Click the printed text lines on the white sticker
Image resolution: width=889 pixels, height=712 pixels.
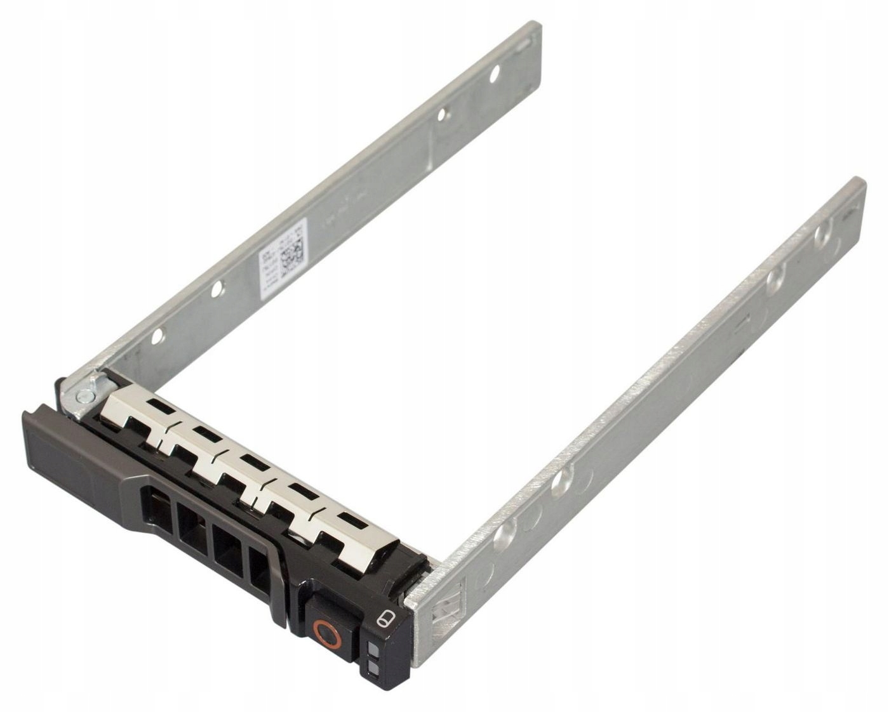[x=269, y=264]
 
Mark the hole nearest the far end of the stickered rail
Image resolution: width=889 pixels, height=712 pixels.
[x=494, y=74]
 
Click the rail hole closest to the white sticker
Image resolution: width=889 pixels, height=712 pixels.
[x=217, y=289]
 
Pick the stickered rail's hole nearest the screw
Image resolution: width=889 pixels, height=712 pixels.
[x=157, y=336]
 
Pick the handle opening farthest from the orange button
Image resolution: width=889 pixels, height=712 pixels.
[x=156, y=507]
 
